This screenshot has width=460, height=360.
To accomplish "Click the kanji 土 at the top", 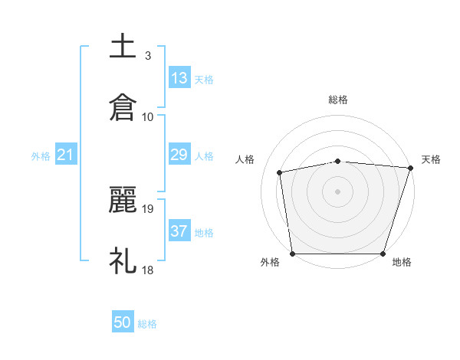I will click(123, 47).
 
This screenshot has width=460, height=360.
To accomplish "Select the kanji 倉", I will click(123, 108).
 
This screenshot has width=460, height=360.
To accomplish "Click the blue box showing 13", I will click(179, 78).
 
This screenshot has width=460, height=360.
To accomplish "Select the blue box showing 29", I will click(179, 155).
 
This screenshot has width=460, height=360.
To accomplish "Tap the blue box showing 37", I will click(179, 232).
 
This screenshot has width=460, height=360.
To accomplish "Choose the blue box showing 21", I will click(65, 155).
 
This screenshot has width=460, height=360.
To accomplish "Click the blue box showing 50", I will click(123, 323).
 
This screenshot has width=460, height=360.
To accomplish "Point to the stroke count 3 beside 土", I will click(148, 55).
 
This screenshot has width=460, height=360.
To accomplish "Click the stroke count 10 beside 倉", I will click(148, 116).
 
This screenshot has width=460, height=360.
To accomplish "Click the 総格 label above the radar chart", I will click(338, 100).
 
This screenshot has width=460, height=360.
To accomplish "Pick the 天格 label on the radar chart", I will click(432, 159).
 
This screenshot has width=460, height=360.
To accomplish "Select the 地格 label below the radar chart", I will click(402, 262).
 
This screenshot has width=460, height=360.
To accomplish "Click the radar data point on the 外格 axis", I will click(292, 254).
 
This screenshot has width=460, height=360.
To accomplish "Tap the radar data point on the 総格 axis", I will click(338, 161).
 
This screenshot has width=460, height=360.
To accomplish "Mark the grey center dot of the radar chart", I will click(338, 191).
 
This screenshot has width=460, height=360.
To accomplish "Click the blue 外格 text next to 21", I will click(41, 156).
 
